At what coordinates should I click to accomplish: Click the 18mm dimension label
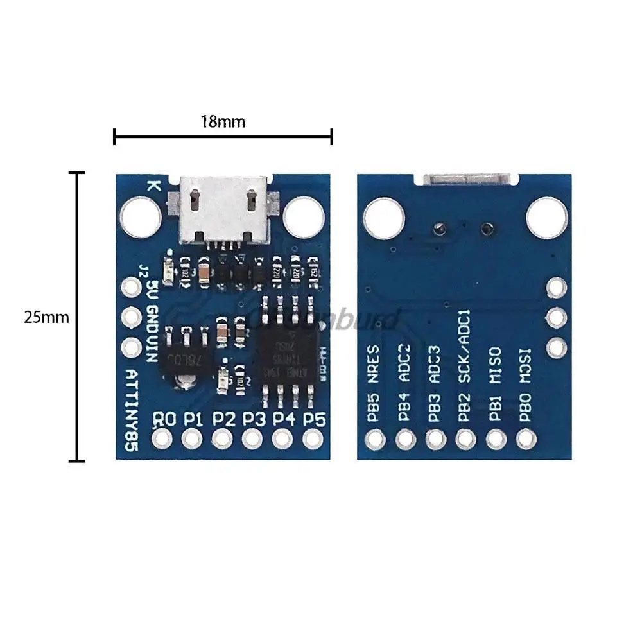(222, 121)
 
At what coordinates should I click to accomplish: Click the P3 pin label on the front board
(254, 419)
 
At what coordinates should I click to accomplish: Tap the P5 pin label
(314, 419)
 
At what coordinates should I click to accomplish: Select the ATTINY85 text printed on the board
(132, 410)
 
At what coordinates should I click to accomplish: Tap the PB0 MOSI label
(525, 385)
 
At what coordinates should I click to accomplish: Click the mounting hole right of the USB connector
(302, 216)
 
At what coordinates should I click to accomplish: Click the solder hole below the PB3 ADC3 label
(435, 439)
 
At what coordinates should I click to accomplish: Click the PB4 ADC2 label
(404, 385)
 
